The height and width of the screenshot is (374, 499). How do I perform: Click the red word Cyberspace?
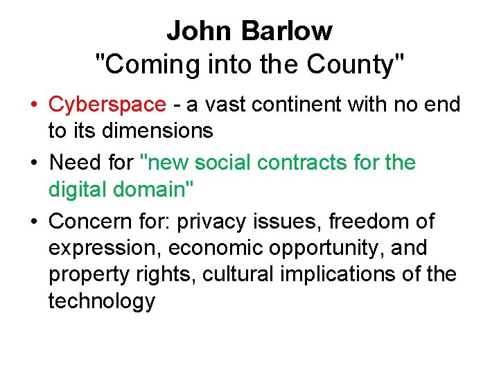107,105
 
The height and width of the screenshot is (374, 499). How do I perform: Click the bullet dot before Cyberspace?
33,105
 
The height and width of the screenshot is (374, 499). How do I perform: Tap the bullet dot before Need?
33,163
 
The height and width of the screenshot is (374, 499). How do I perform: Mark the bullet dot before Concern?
33,222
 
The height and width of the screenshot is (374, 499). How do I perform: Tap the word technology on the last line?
102,301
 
